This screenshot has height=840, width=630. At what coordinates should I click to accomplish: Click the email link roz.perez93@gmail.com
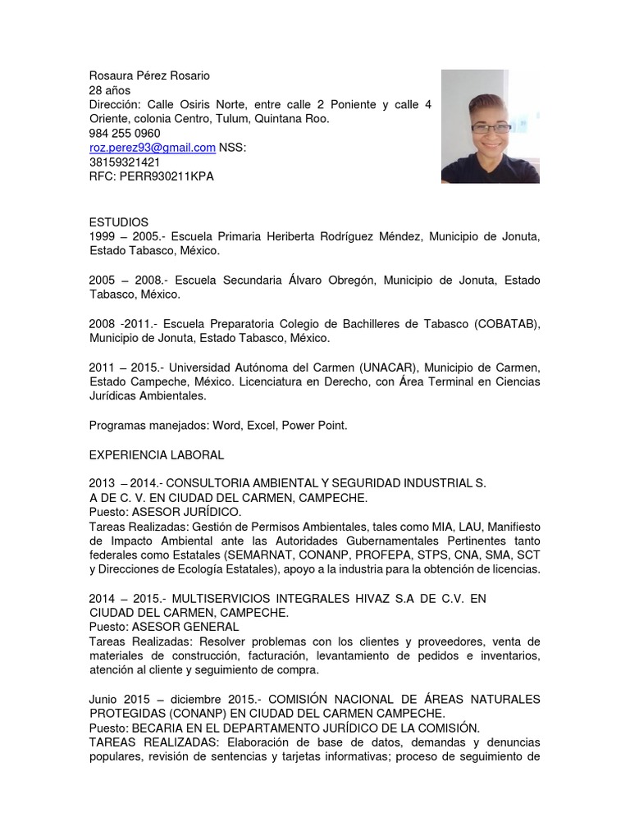pyautogui.click(x=152, y=148)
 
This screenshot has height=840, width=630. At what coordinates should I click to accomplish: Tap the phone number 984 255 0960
pyautogui.click(x=125, y=133)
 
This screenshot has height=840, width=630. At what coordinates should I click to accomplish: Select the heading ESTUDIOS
pyautogui.click(x=119, y=222)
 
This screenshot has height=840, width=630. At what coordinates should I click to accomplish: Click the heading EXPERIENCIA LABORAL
pyautogui.click(x=157, y=454)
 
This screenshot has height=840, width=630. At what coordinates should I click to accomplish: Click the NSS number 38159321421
pyautogui.click(x=125, y=162)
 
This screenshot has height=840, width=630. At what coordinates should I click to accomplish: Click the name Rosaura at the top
pyautogui.click(x=112, y=75)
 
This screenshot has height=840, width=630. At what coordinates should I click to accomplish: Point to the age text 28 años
pyautogui.click(x=110, y=89)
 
